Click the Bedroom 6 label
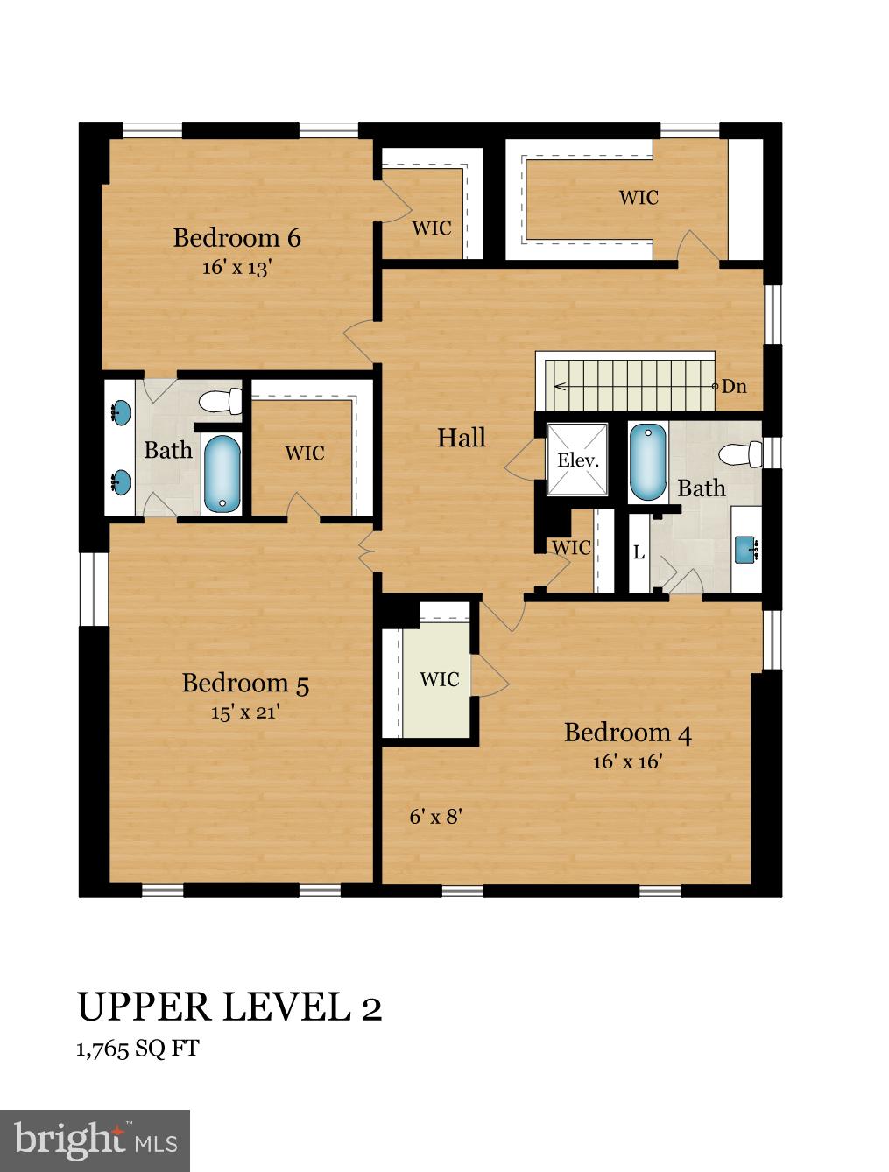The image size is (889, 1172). click(x=236, y=238)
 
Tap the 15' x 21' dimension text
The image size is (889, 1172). click(x=244, y=712)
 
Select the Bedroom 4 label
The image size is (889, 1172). click(x=627, y=733)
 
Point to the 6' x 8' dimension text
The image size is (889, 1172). click(x=435, y=817)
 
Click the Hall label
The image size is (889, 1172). click(x=462, y=438)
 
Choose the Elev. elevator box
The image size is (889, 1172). click(x=577, y=460)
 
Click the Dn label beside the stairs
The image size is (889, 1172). click(x=734, y=386)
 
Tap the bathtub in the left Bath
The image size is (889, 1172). click(x=222, y=474)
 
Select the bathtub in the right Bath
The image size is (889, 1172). click(x=647, y=461)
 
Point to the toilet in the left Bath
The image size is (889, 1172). click(x=221, y=402)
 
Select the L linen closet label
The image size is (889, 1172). click(x=639, y=553)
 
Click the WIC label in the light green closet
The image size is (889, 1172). click(x=439, y=679)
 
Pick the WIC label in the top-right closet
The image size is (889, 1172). click(x=638, y=198)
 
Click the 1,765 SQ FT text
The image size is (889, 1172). click(x=138, y=1049)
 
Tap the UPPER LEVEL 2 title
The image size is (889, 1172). click(x=229, y=1007)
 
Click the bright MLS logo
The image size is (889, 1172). click(x=95, y=1140)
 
